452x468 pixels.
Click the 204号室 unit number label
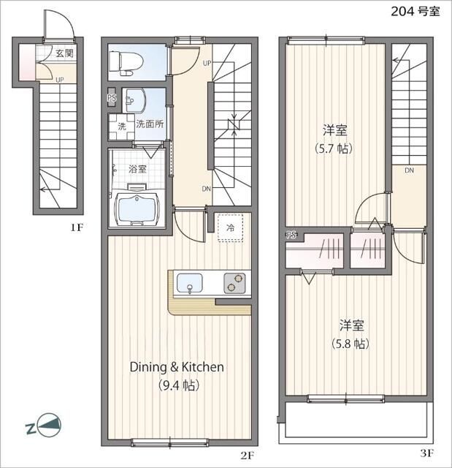tap(415, 12)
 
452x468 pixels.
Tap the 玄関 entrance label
tap(65, 53)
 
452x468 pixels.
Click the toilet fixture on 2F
tap(126, 63)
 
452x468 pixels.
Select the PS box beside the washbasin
tap(112, 97)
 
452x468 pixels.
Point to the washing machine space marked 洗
tap(121, 127)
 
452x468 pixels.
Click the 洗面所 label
tap(150, 124)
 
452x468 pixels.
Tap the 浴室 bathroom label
tap(137, 169)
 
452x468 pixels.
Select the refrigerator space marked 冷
tap(230, 227)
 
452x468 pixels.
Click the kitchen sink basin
tap(190, 283)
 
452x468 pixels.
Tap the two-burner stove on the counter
tap(235, 283)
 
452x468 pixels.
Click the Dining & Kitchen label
tap(177, 367)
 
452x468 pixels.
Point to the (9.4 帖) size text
tap(178, 385)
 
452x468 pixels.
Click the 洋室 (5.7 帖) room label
tap(334, 139)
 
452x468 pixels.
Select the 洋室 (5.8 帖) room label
tap(351, 335)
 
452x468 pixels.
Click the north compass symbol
tap(45, 426)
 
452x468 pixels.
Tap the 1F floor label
tap(76, 227)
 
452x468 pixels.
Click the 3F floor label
tap(426, 453)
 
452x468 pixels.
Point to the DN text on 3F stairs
tap(409, 170)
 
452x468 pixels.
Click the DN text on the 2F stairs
tap(206, 189)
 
